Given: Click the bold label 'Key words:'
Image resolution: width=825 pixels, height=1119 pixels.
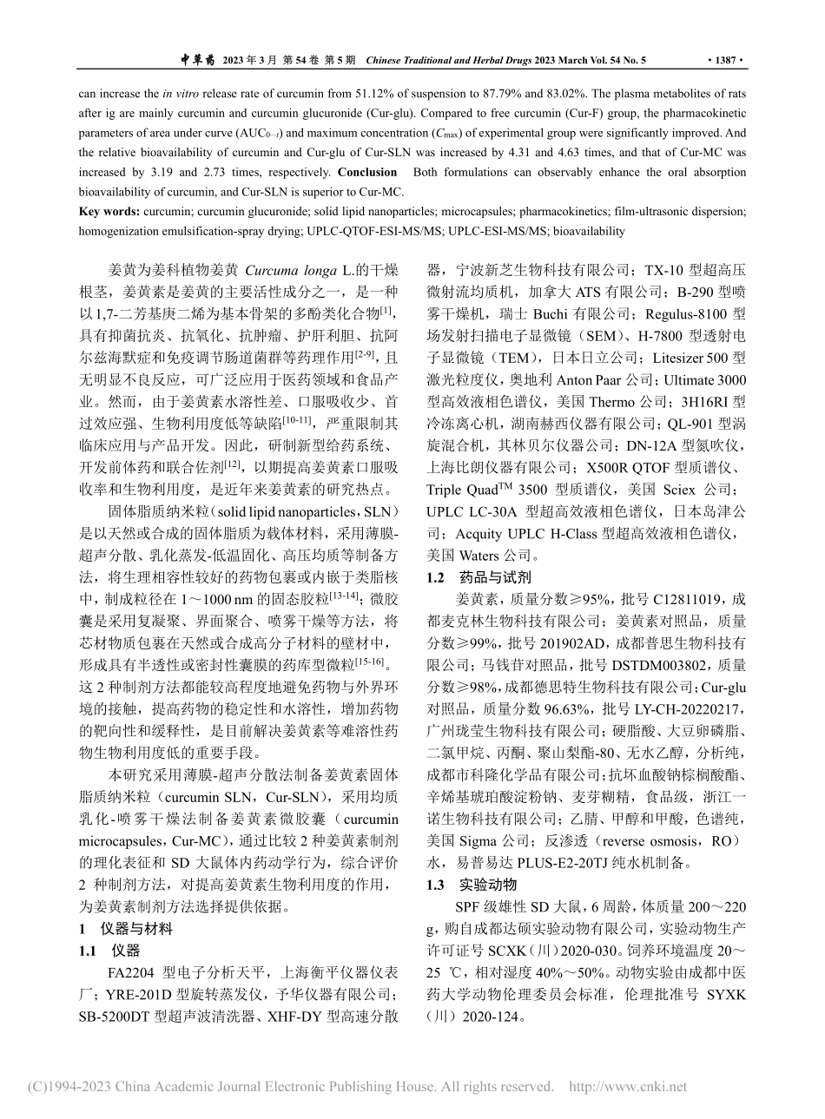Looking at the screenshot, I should (108, 211).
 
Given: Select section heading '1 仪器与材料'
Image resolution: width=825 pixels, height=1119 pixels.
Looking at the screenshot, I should (125, 929).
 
